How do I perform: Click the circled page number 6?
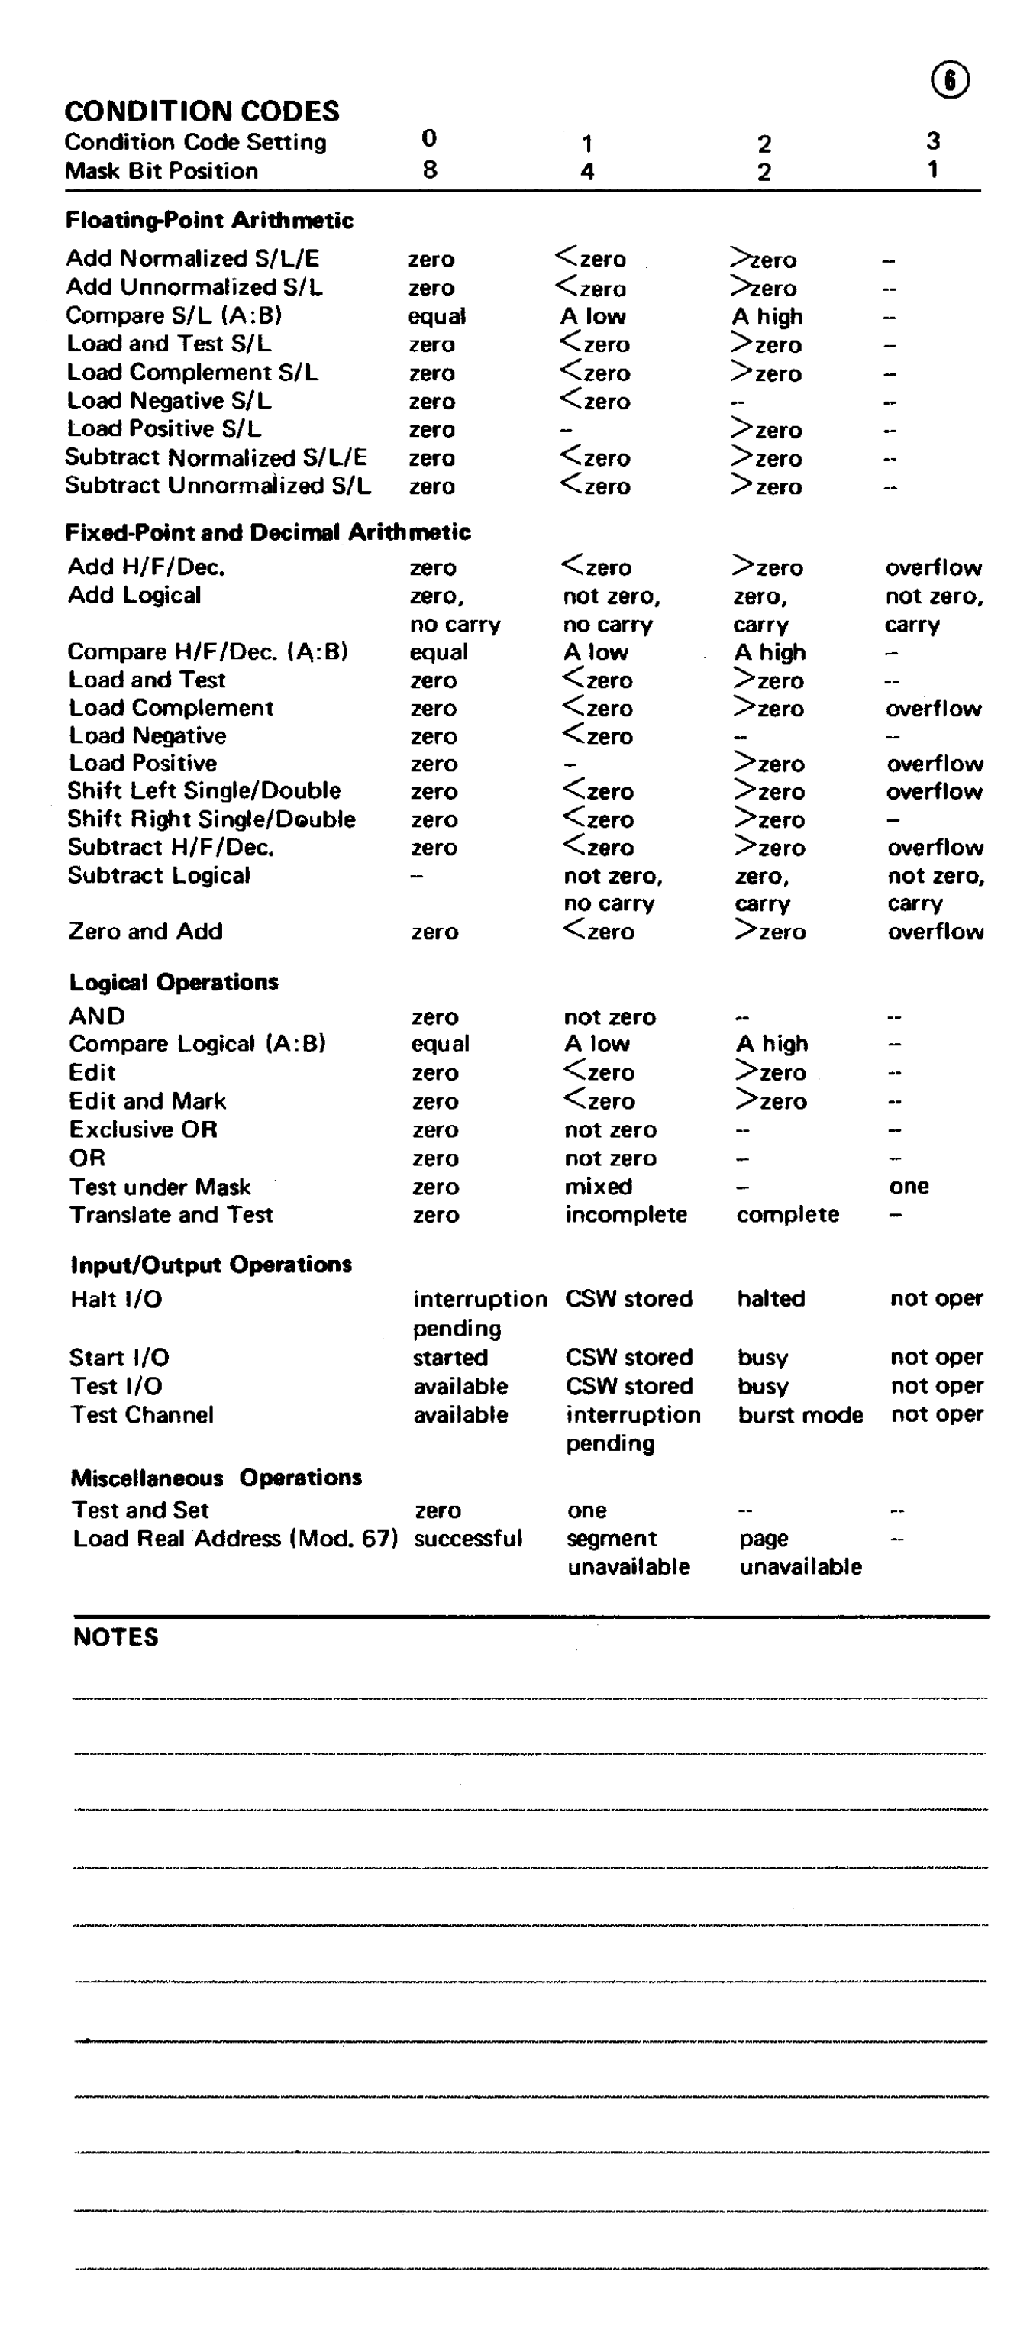949,81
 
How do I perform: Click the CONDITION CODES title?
202,111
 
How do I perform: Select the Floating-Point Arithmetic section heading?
208,221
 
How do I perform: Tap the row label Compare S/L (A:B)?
173,315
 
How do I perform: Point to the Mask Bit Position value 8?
430,170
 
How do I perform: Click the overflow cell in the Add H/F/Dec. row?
933,567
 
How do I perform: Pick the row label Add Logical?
134,596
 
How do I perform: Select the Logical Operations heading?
173,982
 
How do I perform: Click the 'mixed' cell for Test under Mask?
598,1186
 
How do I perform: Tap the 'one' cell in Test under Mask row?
909,1186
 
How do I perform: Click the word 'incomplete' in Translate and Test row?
625,1214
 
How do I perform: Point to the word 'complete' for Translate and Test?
787,1214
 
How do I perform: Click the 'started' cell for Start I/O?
450,1358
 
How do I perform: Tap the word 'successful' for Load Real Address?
468,1539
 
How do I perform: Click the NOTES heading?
115,1636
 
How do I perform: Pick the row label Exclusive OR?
144,1130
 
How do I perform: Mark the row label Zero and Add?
145,932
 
